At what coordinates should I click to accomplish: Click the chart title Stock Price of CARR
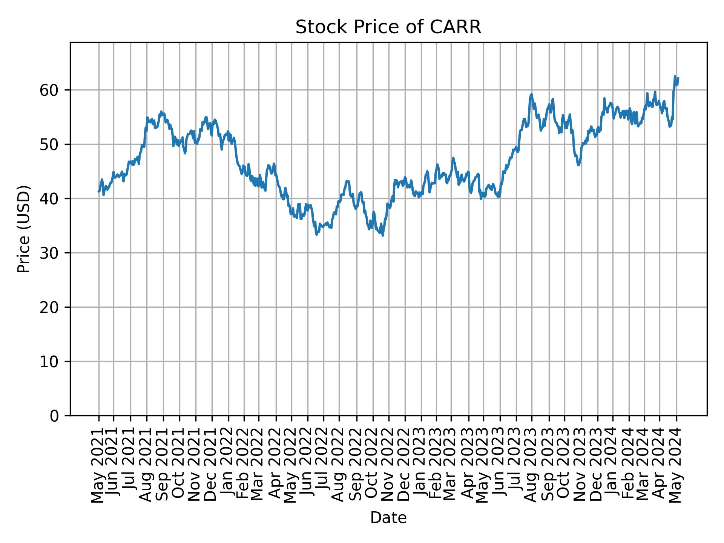(388, 27)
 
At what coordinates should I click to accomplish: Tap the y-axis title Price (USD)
(24, 229)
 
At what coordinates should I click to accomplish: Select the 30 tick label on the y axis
(49, 253)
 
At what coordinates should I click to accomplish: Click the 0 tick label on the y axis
(54, 416)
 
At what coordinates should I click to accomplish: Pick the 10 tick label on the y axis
(49, 362)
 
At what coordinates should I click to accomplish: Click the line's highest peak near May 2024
(675, 77)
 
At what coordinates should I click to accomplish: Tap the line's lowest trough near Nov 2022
(383, 236)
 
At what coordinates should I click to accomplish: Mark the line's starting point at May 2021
(99, 192)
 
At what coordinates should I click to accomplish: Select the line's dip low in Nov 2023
(578, 165)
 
